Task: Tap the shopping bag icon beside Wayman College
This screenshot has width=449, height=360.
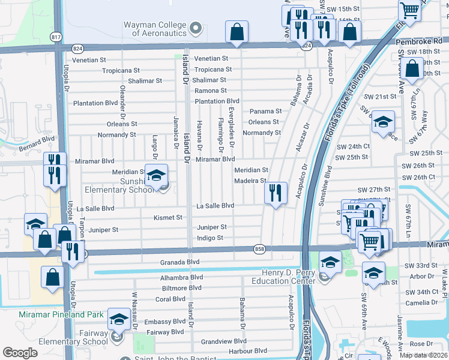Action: (237, 32)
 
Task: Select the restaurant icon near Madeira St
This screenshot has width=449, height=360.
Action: (276, 193)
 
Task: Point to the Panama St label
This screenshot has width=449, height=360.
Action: (266, 112)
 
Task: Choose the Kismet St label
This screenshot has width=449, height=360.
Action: (168, 217)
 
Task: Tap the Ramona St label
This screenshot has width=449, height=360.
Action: (210, 91)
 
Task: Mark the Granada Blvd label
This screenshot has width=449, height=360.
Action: (179, 262)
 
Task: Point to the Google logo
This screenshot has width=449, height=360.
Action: (20, 353)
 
